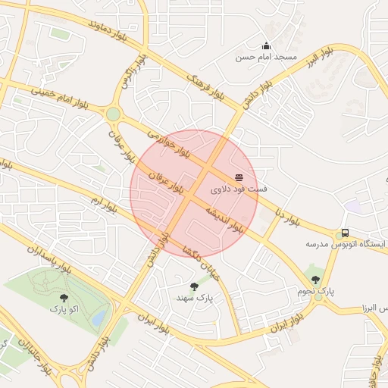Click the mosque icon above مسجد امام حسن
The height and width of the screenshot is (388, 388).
[x=266, y=45]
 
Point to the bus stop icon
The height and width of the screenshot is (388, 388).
[x=345, y=233]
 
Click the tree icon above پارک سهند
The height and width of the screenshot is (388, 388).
[x=194, y=286]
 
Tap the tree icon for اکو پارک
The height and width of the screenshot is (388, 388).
[x=63, y=298]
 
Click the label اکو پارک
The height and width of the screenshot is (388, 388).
[x=64, y=309]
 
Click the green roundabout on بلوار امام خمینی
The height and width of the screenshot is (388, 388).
[x=113, y=114]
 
